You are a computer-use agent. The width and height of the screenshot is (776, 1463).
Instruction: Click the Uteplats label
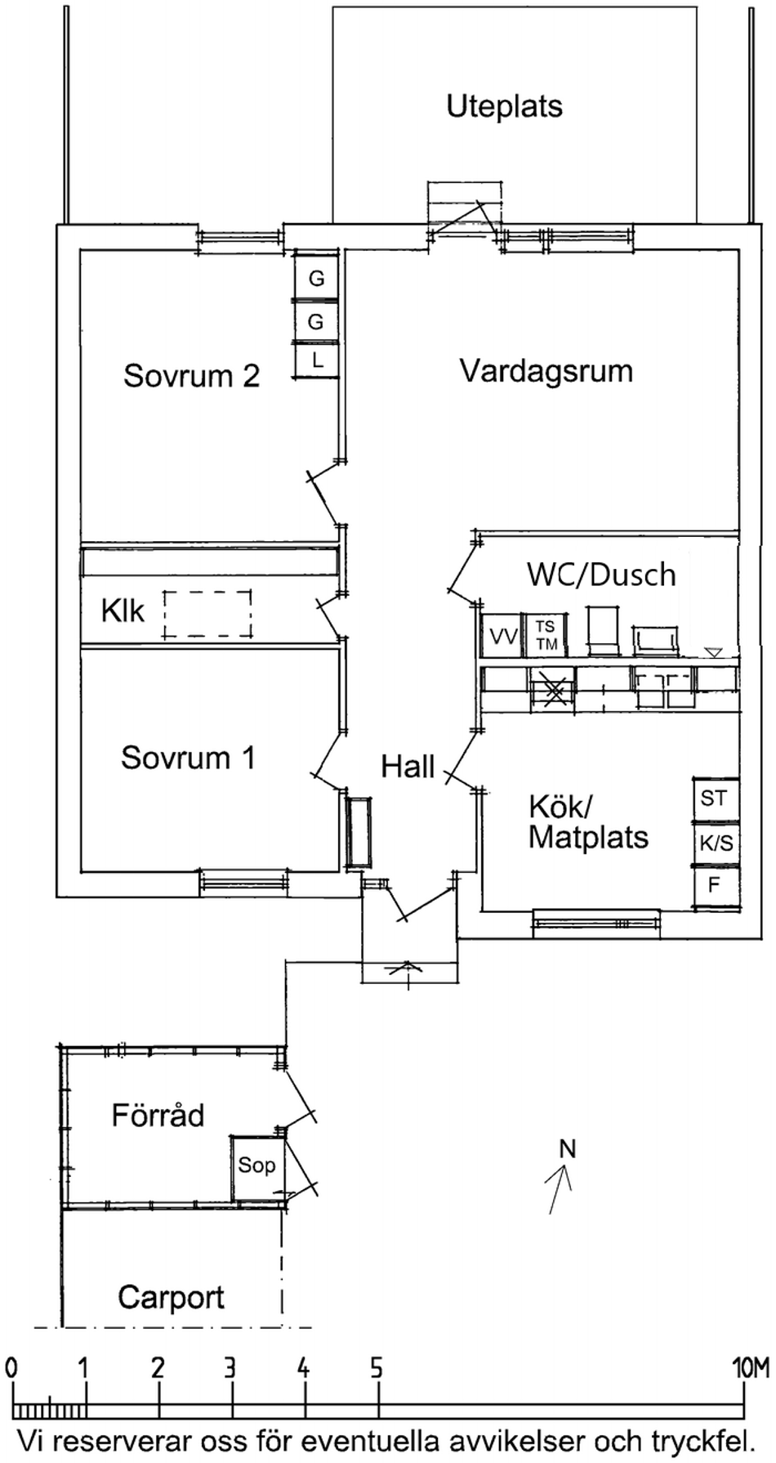504,106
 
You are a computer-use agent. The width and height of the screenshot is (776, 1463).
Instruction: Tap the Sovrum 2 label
191,376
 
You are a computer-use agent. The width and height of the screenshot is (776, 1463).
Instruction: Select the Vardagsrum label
546,371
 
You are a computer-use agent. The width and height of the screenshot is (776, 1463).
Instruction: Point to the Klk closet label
123,611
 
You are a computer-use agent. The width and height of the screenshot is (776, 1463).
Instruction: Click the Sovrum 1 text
188,758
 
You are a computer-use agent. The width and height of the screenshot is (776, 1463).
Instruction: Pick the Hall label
408,767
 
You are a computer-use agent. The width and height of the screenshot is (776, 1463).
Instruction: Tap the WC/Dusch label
601,575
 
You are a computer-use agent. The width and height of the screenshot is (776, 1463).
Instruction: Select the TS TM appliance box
546,635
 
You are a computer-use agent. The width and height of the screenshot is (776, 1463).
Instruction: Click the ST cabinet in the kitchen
714,798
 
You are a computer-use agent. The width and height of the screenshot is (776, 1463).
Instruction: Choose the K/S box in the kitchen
716,843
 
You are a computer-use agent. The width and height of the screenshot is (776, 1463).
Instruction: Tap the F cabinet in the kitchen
714,885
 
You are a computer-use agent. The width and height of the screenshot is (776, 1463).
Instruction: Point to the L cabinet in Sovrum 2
317,360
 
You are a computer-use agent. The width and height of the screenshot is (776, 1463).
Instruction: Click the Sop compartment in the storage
256,1165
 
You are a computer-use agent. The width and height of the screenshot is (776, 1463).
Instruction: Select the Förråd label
158,1116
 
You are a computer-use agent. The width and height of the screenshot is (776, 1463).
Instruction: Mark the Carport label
171,1297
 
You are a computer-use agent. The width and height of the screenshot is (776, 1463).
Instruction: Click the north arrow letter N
567,1149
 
